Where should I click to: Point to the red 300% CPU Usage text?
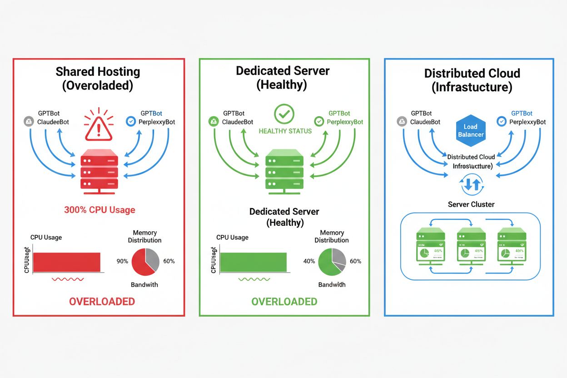pyautogui.click(x=99, y=210)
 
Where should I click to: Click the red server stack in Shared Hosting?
pyautogui.click(x=99, y=172)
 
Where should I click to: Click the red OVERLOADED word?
pyautogui.click(x=102, y=301)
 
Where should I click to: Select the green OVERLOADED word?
pyautogui.click(x=284, y=302)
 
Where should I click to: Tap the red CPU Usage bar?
pyautogui.click(x=66, y=262)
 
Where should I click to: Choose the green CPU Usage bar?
pyautogui.click(x=253, y=262)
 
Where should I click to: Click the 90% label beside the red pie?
pyautogui.click(x=123, y=261)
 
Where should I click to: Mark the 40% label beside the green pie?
pyautogui.click(x=309, y=261)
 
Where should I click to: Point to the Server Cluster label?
pyautogui.click(x=471, y=204)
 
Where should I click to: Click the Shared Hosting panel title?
pyautogui.click(x=98, y=79)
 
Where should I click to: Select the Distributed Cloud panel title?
pyautogui.click(x=472, y=80)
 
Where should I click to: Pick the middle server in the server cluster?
pyautogui.click(x=470, y=248)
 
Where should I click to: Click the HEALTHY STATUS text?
pyautogui.click(x=285, y=131)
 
